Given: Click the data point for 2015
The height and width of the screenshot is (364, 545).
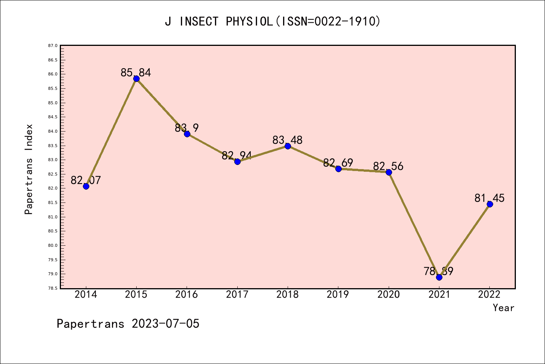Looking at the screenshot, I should (136, 78).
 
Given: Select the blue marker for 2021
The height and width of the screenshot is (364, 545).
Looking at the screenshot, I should (439, 277).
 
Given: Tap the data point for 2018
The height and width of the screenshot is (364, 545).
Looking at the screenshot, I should (288, 146).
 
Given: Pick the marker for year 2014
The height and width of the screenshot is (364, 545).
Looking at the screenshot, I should (86, 186).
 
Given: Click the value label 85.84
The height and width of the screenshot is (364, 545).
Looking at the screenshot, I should (136, 72).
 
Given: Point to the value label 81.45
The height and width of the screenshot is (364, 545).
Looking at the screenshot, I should (489, 198).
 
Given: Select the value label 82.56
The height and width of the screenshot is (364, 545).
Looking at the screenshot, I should (388, 166).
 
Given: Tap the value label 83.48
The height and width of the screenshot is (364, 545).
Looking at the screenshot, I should (288, 140).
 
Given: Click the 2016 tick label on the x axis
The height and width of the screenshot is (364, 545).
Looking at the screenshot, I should (187, 295).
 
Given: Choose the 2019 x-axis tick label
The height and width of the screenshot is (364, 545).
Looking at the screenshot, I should (338, 295).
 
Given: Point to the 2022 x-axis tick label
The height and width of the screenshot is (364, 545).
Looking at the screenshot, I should (489, 295).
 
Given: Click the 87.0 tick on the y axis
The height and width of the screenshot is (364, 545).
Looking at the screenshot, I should (53, 45).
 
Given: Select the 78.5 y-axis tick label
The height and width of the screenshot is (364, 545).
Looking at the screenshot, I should (53, 288).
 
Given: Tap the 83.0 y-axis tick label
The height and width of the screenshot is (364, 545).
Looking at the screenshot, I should (53, 160).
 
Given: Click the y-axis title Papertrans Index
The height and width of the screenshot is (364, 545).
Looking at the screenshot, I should (29, 169).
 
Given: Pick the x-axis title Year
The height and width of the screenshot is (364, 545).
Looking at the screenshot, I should (503, 308).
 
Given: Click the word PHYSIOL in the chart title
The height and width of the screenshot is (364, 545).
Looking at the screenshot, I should (249, 22).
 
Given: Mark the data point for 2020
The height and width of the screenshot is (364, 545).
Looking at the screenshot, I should (389, 172).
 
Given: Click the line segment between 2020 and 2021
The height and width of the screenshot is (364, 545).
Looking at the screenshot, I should (414, 224).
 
